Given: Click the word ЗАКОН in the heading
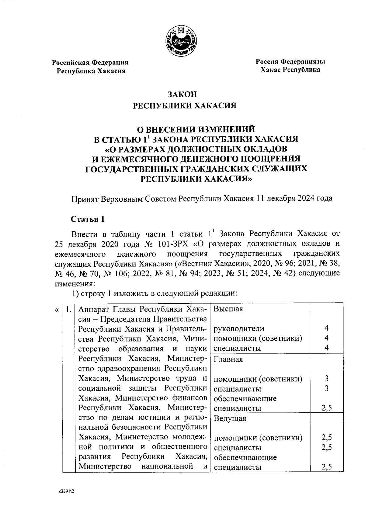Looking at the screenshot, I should [x=182, y=94].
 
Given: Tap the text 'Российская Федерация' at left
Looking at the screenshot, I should [x=90, y=63].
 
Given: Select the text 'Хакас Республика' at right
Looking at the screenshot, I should [x=290, y=70].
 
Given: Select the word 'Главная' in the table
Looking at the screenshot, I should [x=228, y=359].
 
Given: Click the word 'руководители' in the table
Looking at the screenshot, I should [x=239, y=329].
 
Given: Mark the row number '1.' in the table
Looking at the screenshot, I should [x=69, y=309].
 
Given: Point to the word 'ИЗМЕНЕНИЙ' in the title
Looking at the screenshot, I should [x=227, y=129].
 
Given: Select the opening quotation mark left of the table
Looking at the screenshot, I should [x=57, y=309].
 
